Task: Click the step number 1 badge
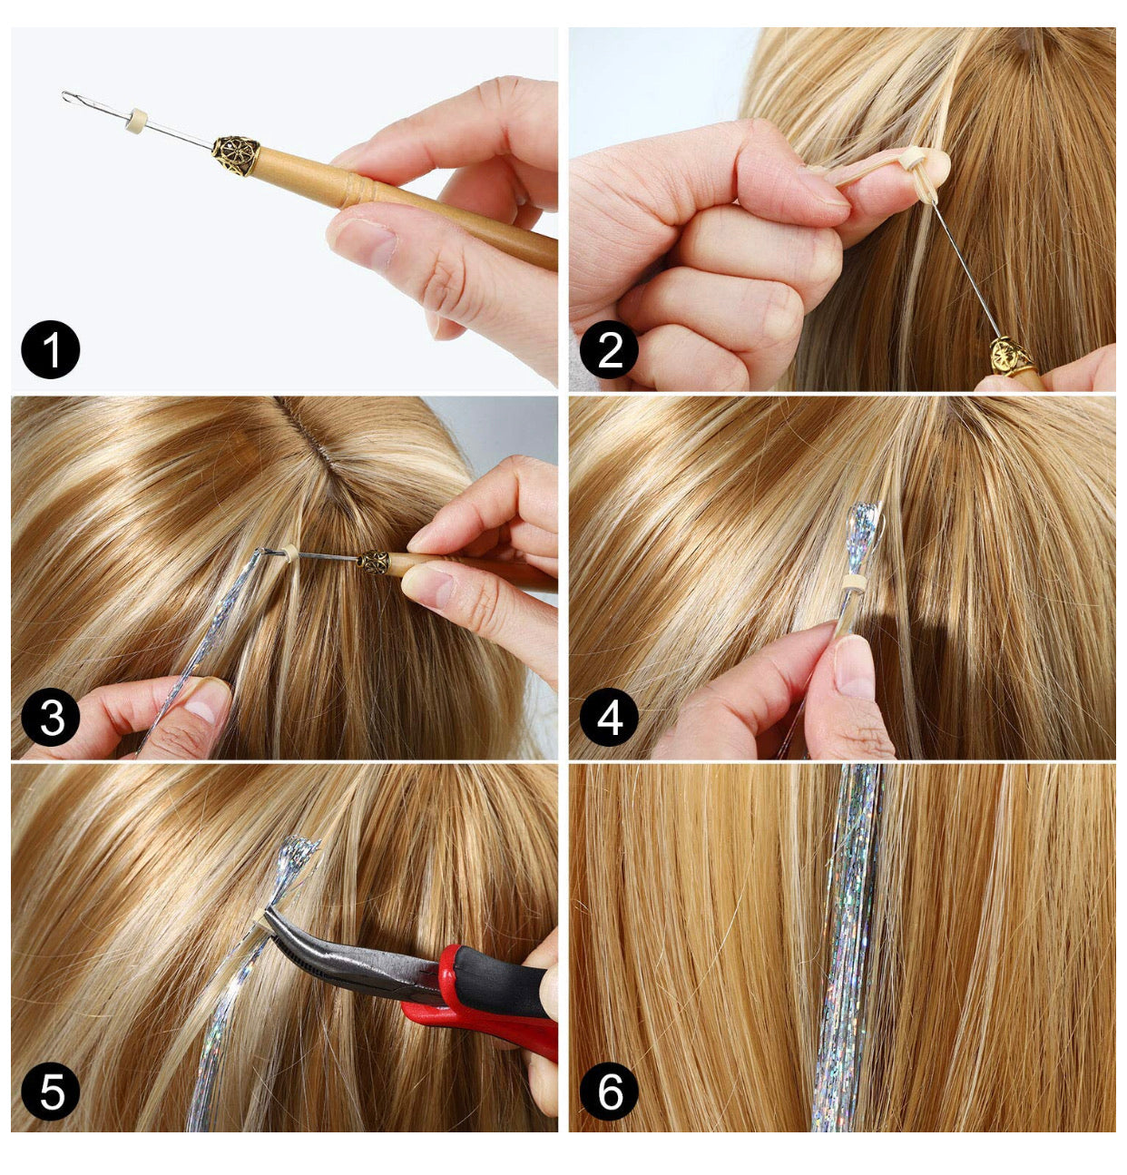coord(51,349)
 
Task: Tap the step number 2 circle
coord(609,349)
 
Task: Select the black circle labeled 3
coord(51,718)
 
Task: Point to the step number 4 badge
coord(609,718)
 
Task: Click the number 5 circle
coord(51,1091)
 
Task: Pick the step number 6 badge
coord(609,1091)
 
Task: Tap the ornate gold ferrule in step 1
coord(236,155)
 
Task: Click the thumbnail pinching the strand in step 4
coord(855,667)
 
